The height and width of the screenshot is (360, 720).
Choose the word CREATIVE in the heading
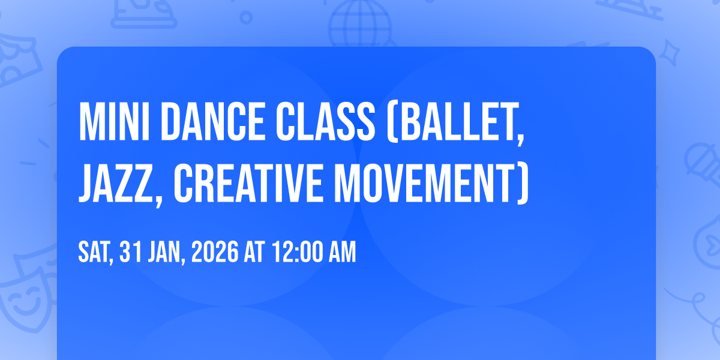pos(248,183)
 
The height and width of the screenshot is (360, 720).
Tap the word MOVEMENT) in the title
pos(431,183)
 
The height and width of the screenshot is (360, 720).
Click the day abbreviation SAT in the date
pos(96,253)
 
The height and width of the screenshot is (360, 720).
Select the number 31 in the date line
pos(131,252)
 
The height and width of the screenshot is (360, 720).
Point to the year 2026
pos(215,252)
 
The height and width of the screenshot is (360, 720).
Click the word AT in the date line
pos(254,252)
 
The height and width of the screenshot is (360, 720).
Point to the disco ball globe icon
pos(360,23)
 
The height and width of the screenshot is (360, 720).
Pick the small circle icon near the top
pos(246,17)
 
